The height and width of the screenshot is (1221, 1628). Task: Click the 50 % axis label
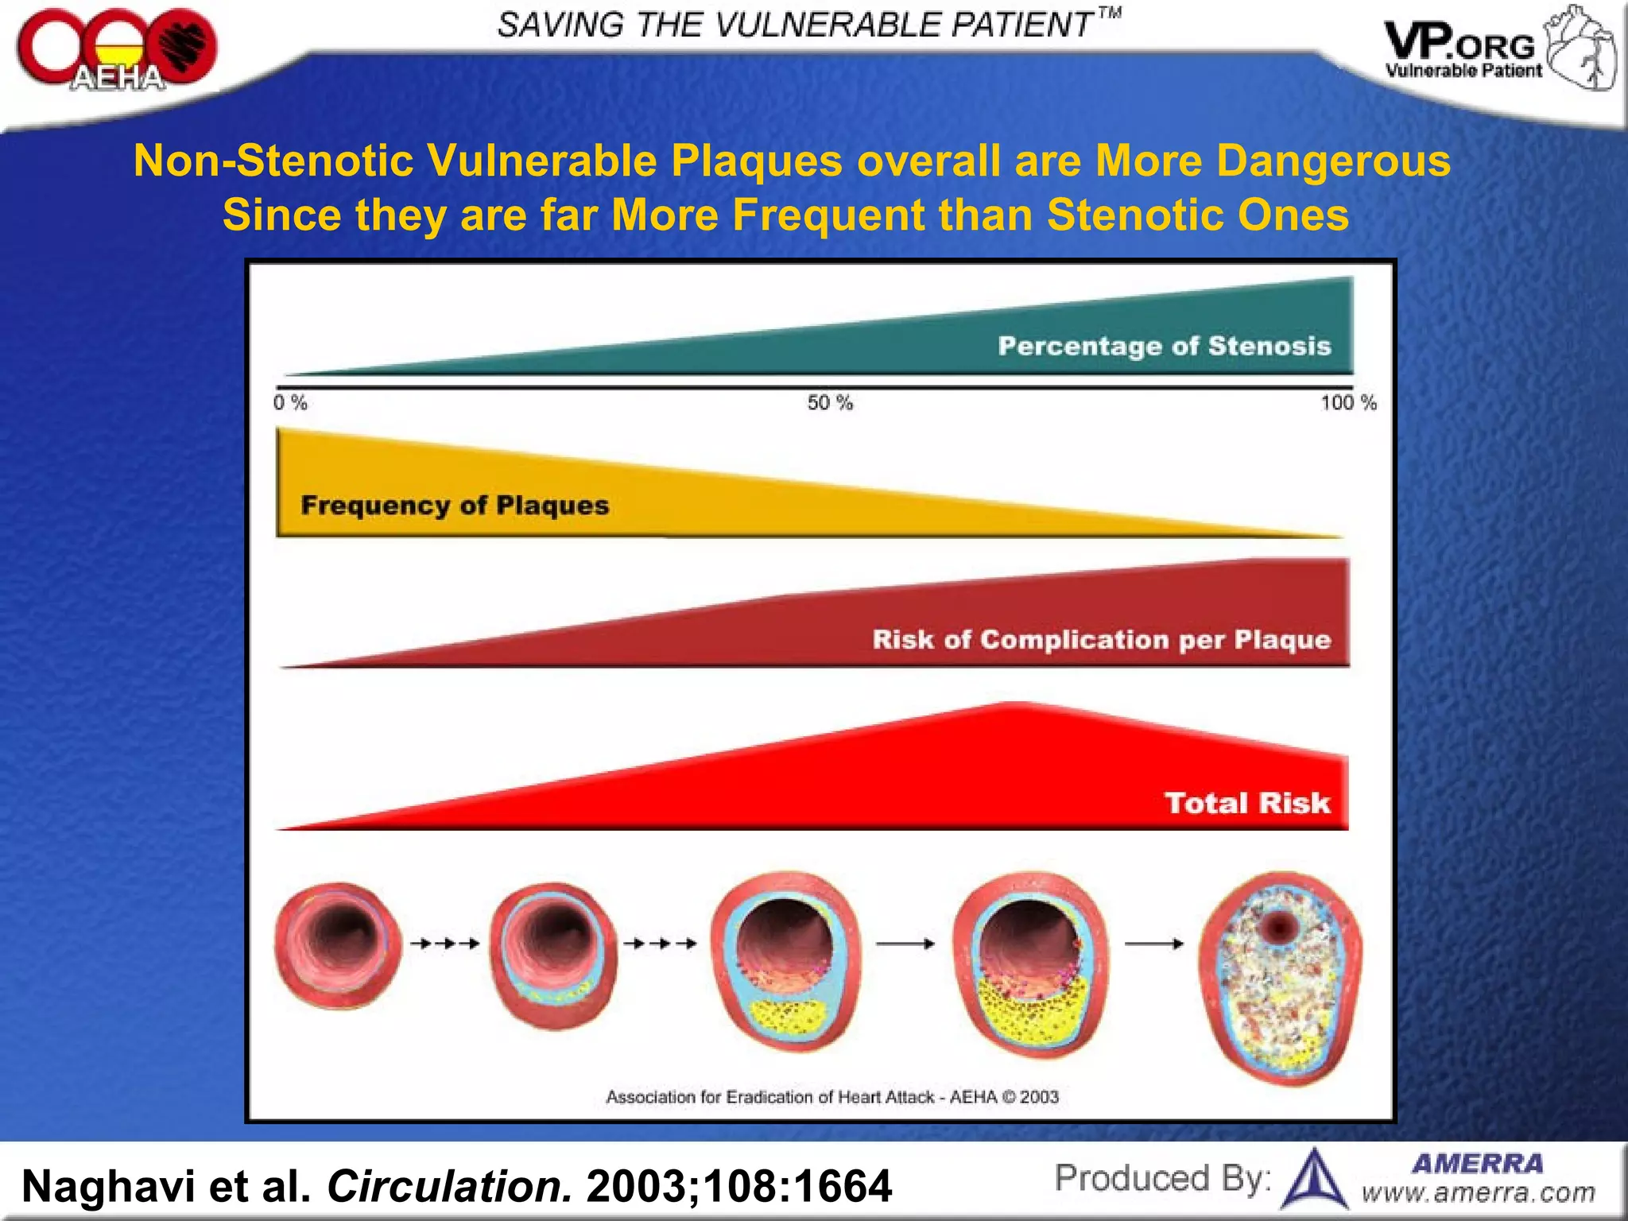pos(830,403)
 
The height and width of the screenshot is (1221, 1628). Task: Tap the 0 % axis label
pos(290,403)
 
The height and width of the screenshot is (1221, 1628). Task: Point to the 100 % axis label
pos(1348,403)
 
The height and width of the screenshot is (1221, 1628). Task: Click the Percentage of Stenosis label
pos(1165,346)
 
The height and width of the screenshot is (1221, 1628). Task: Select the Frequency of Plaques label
pos(455,506)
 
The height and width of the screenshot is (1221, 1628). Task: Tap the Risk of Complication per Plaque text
pos(1102,640)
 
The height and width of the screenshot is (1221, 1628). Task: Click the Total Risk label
pos(1247,803)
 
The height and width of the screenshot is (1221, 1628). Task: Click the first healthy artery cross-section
pos(339,946)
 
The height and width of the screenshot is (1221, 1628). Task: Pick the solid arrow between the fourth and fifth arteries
pos(1154,944)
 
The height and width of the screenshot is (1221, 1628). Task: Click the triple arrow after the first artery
pos(445,944)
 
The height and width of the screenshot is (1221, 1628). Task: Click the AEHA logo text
pos(118,78)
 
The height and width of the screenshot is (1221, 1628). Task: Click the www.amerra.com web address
pos(1479,1192)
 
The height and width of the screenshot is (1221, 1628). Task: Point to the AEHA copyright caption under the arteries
pos(832,1097)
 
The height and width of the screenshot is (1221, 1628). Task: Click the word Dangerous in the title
pos(1333,161)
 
